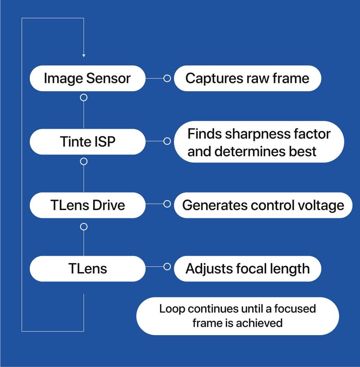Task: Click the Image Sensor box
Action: tap(87, 78)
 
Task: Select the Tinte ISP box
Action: tap(87, 142)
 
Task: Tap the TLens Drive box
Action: tap(87, 205)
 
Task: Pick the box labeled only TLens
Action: tap(87, 269)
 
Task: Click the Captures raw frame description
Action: tap(247, 78)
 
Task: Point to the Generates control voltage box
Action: tap(263, 205)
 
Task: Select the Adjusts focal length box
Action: tap(247, 269)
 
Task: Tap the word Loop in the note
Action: tap(172, 309)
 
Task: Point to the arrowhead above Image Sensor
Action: tap(84, 55)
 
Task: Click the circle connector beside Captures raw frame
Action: tap(167, 78)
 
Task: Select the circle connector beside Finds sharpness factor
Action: tap(167, 141)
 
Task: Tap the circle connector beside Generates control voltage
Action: tap(167, 204)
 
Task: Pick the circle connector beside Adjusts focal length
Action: tap(167, 267)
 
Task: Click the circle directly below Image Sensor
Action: tap(84, 98)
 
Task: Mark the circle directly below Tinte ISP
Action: tap(84, 161)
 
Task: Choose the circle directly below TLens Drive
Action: tap(84, 227)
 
